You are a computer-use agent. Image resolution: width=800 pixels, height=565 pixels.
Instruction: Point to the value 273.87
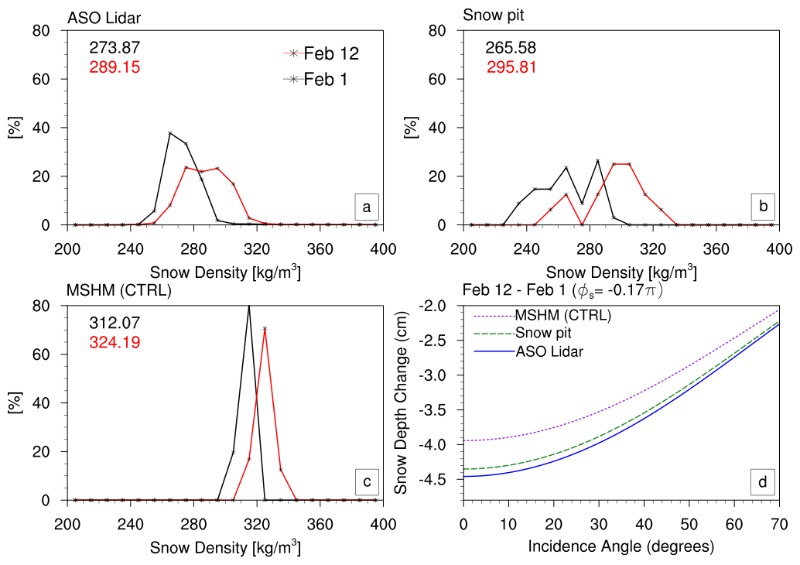tap(115, 47)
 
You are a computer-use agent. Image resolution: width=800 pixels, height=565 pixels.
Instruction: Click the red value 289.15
tap(115, 67)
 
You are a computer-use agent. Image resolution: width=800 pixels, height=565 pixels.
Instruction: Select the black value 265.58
tap(511, 47)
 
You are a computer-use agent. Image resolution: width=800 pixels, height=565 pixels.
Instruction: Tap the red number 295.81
tap(511, 67)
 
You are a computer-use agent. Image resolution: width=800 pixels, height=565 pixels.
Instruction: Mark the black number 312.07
tap(115, 323)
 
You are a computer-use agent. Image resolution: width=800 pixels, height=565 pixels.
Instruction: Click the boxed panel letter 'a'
tap(366, 207)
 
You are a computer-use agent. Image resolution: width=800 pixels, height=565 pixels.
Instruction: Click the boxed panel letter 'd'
tap(762, 482)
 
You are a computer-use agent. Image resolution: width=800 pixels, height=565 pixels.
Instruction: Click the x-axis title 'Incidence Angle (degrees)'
tap(621, 546)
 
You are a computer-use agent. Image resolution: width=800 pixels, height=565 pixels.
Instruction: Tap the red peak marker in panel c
tap(265, 328)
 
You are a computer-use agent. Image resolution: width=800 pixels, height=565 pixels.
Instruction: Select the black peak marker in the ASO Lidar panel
tap(170, 133)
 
